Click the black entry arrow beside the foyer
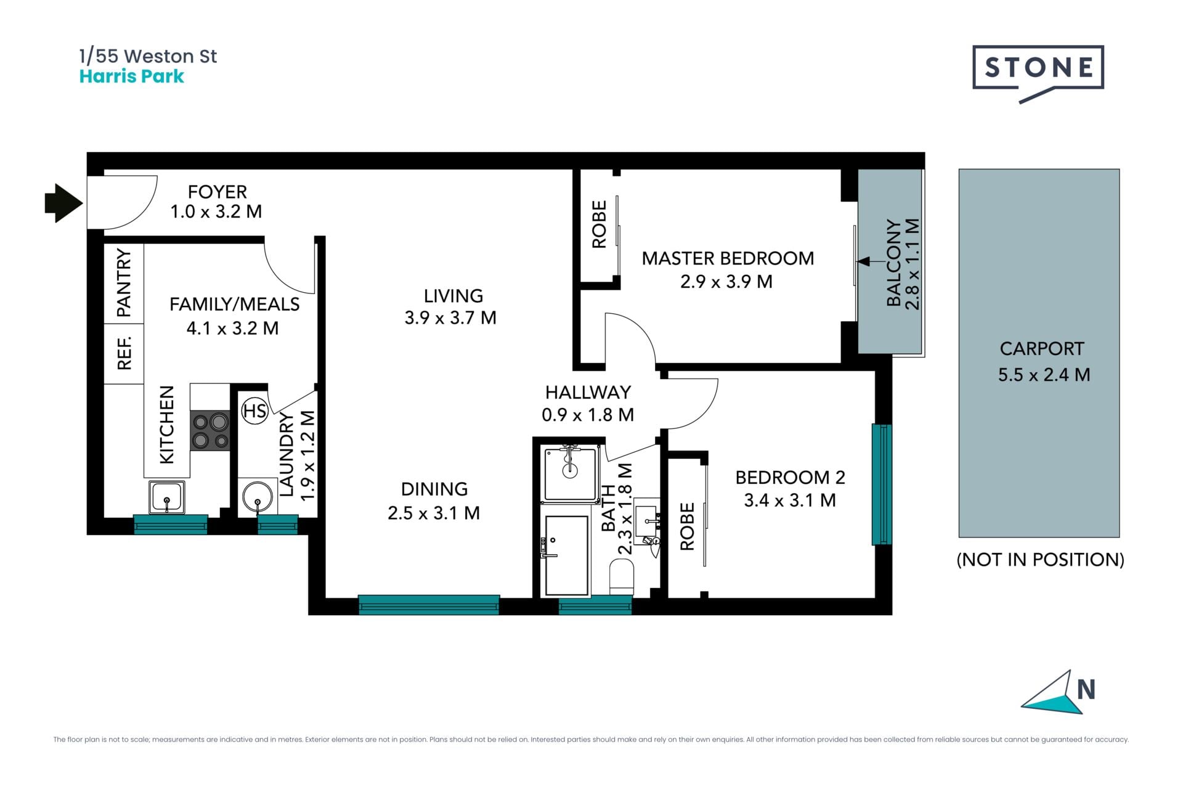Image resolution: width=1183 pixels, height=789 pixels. click(63, 203)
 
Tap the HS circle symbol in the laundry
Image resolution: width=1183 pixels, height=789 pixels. click(254, 411)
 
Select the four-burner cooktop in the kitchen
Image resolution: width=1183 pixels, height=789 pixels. click(210, 430)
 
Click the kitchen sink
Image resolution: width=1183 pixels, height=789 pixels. click(166, 497)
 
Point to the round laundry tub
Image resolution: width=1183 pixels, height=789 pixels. click(258, 497)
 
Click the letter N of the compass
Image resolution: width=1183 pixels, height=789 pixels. click(1086, 690)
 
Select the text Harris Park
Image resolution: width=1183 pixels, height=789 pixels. click(132, 76)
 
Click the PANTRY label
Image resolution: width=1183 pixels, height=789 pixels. click(124, 283)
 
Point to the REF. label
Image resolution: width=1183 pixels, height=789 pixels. click(124, 353)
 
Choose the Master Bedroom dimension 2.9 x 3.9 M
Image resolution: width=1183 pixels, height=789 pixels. click(726, 282)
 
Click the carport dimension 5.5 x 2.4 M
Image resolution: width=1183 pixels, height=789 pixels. click(1044, 375)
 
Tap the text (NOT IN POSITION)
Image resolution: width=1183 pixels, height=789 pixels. click(1041, 560)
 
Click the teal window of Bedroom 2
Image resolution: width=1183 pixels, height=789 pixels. click(882, 484)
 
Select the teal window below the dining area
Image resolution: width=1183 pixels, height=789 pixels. click(429, 605)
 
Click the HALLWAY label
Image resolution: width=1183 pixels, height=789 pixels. click(588, 392)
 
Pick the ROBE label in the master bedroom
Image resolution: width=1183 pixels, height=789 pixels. click(599, 224)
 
